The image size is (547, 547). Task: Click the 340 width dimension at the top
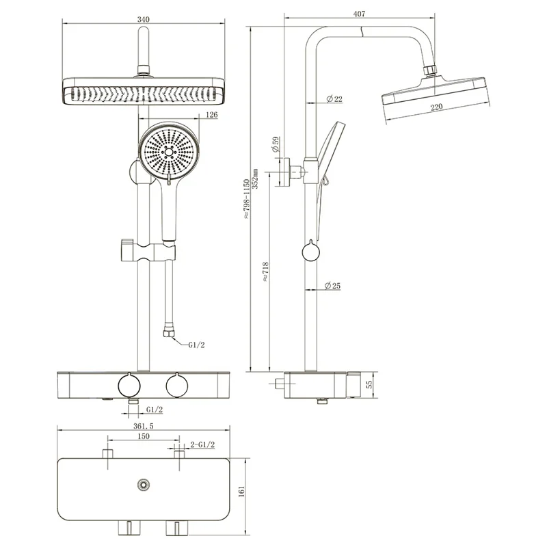click(x=143, y=19)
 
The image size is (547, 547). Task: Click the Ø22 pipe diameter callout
click(x=334, y=100)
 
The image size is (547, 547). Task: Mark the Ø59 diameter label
click(x=274, y=144)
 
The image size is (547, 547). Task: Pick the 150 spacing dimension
click(x=143, y=436)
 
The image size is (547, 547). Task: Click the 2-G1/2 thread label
click(x=202, y=445)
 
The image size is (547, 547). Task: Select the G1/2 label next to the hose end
click(x=197, y=345)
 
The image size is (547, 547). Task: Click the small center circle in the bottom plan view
click(x=143, y=485)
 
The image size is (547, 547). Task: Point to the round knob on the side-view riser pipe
click(x=310, y=252)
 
